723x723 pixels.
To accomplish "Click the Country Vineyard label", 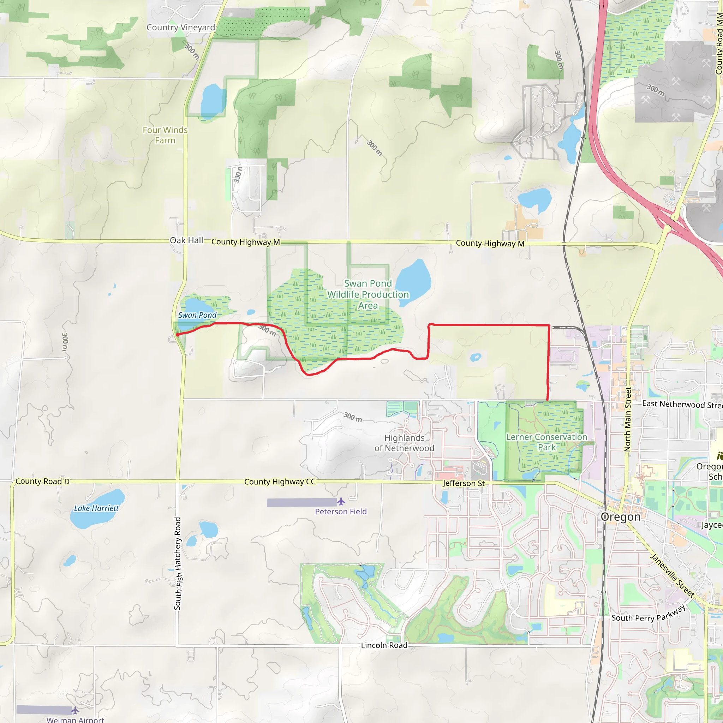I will (181, 27).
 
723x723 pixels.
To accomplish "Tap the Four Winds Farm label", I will (165, 135).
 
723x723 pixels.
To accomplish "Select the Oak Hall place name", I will (186, 240).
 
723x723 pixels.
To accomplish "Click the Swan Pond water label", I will (197, 315).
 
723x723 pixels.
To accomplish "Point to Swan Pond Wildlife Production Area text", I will (368, 294).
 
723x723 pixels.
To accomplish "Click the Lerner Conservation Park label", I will (546, 442).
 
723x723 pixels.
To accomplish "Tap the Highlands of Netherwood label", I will (404, 443).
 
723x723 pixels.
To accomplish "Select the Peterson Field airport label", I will (341, 512).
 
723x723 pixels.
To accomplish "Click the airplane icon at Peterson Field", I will (341, 501).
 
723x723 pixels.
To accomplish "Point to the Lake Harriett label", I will (96, 508).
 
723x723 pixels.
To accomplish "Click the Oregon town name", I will (621, 517).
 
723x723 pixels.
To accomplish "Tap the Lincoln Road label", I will (384, 645).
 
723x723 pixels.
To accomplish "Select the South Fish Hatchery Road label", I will (178, 563).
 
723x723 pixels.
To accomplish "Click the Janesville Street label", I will (672, 575).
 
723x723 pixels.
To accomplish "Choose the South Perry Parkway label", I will (649, 615).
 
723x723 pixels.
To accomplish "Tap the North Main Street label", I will (628, 419).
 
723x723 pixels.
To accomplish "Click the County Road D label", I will (42, 481).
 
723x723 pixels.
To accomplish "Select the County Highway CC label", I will (280, 482).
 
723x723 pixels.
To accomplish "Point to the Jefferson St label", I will (464, 483).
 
